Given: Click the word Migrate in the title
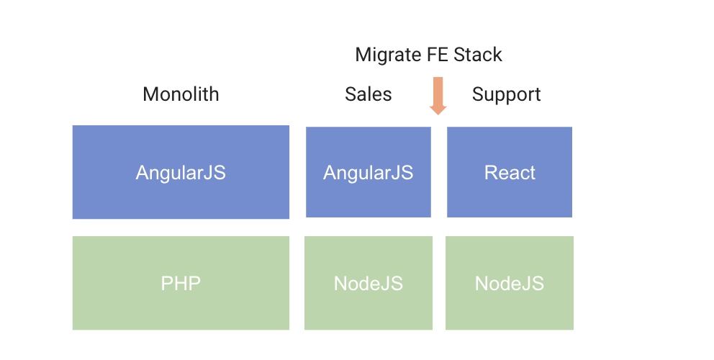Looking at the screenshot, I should (389, 55).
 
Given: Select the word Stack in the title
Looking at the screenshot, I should (479, 55).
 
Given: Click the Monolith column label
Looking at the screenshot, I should (181, 94).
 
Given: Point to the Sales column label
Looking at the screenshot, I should (368, 94).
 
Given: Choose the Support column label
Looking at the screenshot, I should (506, 94).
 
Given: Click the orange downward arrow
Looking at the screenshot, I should (438, 95).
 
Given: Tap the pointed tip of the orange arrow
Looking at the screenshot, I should (438, 114).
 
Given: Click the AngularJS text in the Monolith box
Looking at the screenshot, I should (181, 173).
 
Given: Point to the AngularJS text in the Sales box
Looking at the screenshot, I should (368, 173).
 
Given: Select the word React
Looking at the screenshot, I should (510, 173).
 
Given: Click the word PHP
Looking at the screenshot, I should (181, 283).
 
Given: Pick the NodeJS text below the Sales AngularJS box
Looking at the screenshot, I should (368, 283).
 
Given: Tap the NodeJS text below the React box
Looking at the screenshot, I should (510, 283).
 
